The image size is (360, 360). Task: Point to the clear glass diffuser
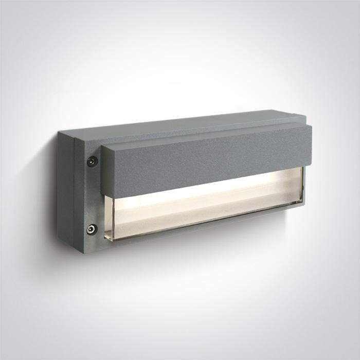[206, 206]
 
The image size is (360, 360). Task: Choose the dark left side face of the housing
[65, 190]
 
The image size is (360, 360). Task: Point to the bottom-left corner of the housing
[59, 247]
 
